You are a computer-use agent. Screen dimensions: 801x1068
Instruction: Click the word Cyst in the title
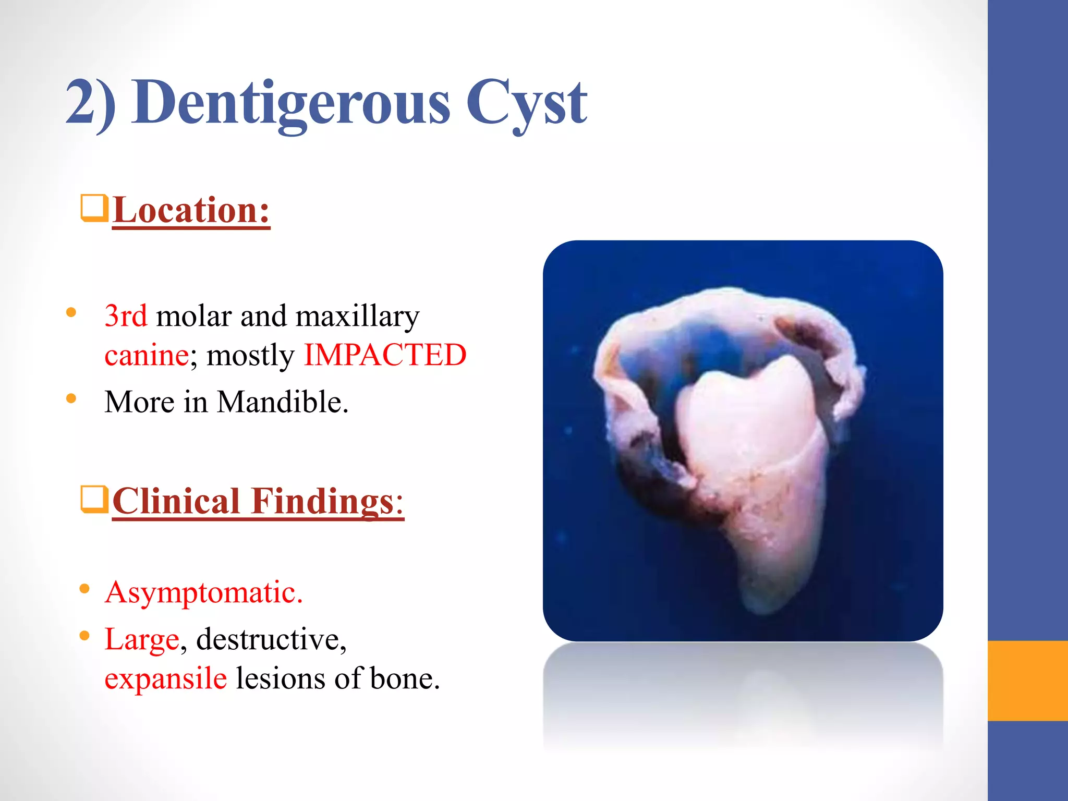526,103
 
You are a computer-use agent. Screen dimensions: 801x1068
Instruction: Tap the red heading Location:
191,210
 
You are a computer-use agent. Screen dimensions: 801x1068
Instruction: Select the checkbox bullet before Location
94,208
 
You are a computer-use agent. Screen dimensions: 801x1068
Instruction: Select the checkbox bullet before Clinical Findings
94,499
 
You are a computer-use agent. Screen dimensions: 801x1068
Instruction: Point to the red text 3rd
126,316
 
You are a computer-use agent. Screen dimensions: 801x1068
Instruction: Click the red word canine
147,356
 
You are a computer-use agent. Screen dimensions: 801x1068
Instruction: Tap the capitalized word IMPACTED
385,356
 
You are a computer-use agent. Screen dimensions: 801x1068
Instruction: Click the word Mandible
282,402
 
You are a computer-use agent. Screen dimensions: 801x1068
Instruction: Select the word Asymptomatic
203,593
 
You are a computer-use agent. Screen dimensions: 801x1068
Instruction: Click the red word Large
142,640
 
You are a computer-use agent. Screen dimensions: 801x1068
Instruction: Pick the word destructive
271,640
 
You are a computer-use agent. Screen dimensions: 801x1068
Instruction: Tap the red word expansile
165,679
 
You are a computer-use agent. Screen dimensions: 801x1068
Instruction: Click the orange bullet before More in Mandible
71,399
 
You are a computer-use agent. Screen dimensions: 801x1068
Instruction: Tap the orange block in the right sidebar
1027,681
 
